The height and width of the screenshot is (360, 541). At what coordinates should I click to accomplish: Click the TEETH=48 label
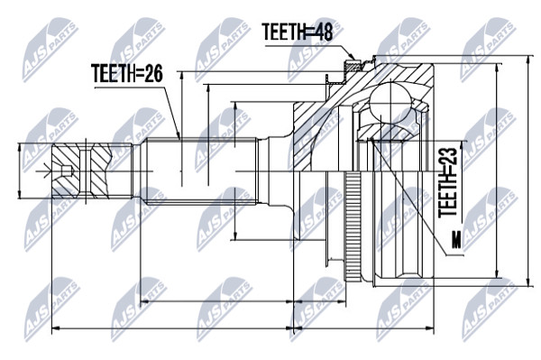298,32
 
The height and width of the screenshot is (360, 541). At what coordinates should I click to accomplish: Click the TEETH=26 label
127,73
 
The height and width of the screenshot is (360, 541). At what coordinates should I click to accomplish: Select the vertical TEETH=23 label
448,182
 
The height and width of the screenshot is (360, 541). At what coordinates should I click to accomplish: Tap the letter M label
457,240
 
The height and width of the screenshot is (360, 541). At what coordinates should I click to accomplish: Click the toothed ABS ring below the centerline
353,226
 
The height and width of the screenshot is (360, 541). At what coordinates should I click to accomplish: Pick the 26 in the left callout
153,73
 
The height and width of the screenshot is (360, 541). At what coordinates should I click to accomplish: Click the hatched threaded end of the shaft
82,171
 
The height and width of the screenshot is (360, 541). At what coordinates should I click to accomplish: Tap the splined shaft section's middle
199,171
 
